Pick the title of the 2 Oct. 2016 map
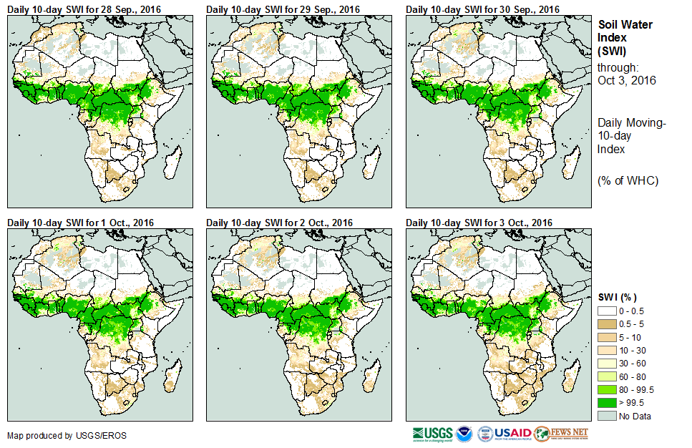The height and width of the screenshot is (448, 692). click(280, 223)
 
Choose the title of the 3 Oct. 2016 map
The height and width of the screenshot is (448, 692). click(479, 223)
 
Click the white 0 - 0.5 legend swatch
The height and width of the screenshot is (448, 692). click(607, 311)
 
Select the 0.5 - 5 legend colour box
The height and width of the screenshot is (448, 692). click(607, 324)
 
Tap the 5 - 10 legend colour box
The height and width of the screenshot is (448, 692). click(607, 337)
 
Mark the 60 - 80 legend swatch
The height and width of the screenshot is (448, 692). click(607, 376)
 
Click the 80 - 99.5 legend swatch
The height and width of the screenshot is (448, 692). click(607, 389)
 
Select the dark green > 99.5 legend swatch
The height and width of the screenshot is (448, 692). click(607, 402)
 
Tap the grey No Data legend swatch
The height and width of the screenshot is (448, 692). click(607, 415)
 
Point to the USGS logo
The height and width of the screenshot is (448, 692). click(432, 434)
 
